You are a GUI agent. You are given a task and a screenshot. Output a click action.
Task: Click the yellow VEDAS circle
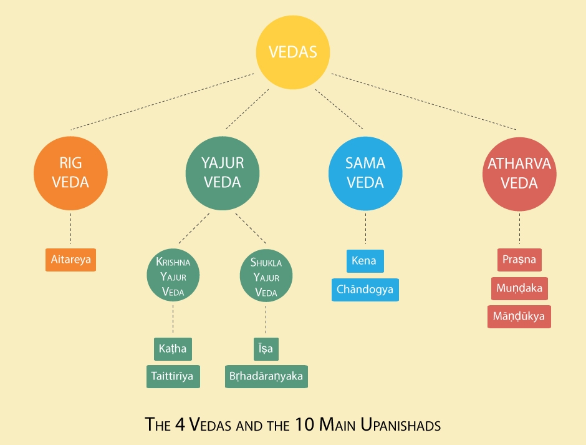click(293, 52)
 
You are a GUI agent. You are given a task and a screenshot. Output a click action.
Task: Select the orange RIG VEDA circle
click(70, 174)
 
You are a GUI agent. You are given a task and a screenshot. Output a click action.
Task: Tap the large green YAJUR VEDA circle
click(223, 174)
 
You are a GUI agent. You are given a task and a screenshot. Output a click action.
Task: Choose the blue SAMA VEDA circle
click(365, 174)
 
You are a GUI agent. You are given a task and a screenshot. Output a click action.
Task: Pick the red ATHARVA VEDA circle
click(519, 174)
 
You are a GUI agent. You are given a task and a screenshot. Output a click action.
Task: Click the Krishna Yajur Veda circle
click(173, 275)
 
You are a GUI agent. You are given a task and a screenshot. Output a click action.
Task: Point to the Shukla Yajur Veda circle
click(266, 276)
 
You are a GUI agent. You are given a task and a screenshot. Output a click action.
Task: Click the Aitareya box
click(70, 260)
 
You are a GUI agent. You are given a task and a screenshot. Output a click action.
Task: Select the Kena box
click(365, 262)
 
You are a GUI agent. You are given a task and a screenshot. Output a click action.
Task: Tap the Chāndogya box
click(365, 290)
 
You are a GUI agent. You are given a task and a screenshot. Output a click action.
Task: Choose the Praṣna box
click(519, 260)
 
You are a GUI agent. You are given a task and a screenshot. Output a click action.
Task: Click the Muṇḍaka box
click(519, 288)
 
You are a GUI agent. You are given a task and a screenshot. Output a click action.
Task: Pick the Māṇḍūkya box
click(519, 316)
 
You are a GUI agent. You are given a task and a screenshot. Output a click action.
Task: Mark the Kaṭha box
click(173, 349)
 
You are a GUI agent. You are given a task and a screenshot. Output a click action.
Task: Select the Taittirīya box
click(173, 376)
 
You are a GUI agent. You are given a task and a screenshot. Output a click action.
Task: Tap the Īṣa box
click(266, 349)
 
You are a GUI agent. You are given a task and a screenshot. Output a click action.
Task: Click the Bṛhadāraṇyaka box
click(266, 376)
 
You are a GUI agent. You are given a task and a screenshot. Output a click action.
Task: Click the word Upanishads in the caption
click(401, 424)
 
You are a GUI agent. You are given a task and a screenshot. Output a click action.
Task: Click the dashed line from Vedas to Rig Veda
click(163, 102)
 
